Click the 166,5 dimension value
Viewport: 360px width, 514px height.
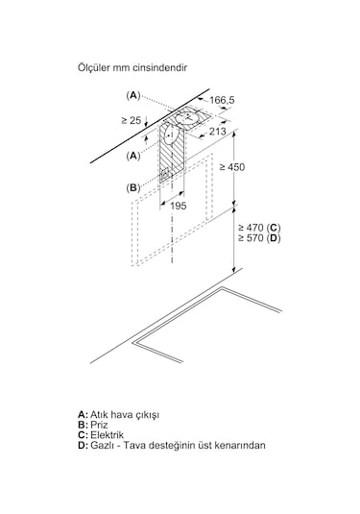tap(222, 100)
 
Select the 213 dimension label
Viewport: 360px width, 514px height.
tap(218, 132)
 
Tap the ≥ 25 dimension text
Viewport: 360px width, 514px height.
tap(131, 120)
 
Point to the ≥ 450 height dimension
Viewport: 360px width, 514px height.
tap(232, 167)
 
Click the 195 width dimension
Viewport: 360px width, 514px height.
tap(179, 206)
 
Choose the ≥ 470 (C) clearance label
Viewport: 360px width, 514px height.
tap(259, 228)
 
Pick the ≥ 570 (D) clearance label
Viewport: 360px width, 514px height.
tap(259, 238)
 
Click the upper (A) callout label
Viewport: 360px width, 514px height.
tap(133, 95)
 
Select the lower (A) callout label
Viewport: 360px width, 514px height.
tap(133, 156)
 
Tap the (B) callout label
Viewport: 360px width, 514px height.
tap(133, 188)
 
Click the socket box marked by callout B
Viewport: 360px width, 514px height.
tap(165, 174)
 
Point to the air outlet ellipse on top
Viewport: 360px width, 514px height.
tap(185, 117)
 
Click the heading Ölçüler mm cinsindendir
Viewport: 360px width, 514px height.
tap(132, 68)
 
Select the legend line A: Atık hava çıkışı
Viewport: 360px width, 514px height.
tap(119, 415)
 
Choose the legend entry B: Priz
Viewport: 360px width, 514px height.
tap(93, 425)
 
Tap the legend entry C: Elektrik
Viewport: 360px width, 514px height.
tap(101, 435)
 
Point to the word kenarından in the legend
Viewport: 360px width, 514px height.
tap(240, 446)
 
